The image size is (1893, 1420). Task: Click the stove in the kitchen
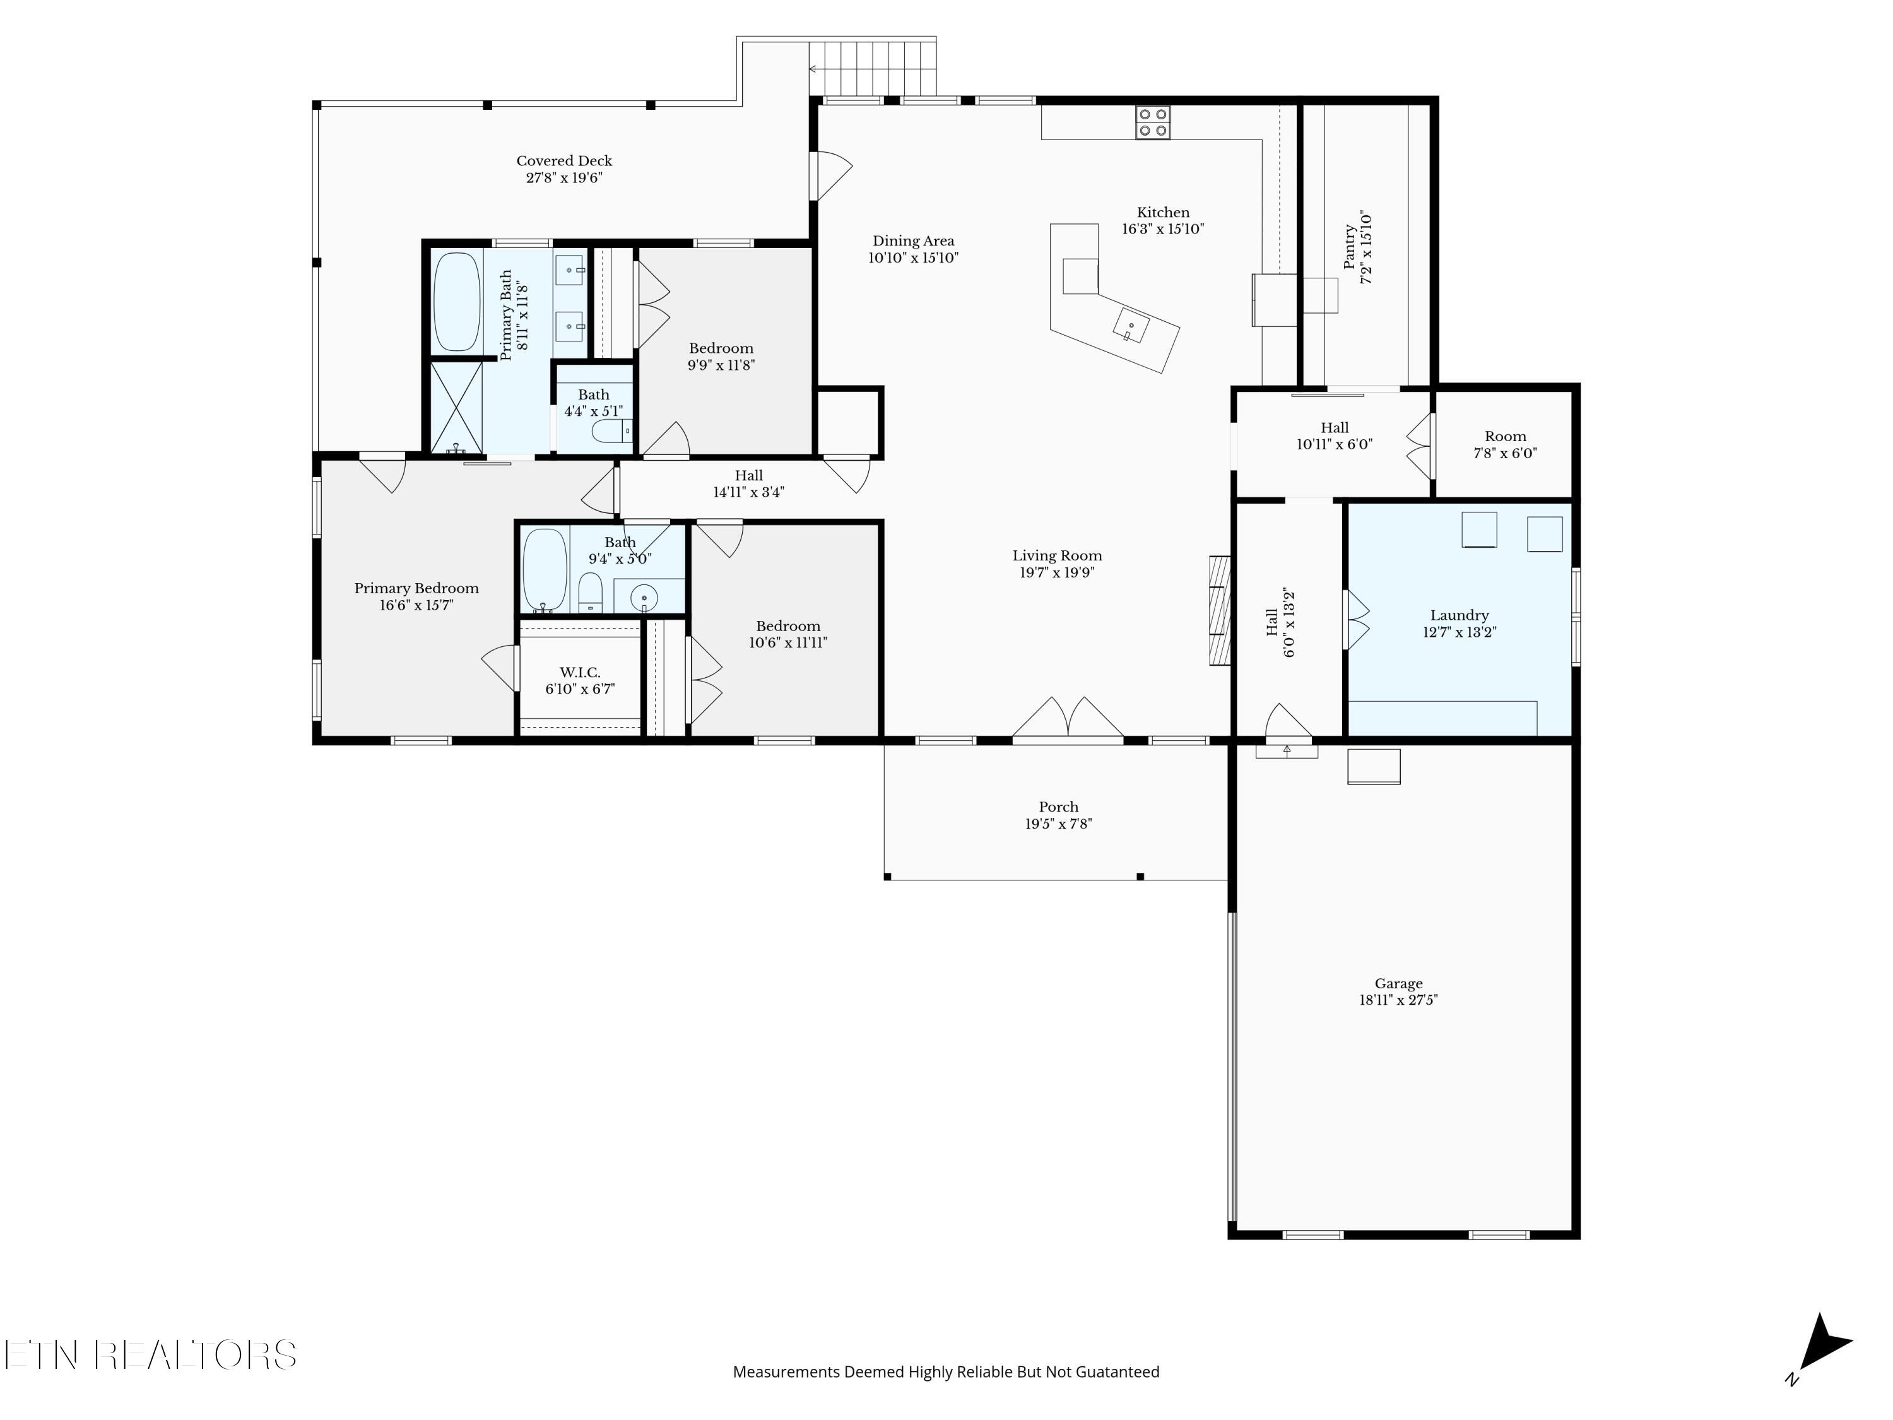tap(1153, 122)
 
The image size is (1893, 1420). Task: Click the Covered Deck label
tap(564, 161)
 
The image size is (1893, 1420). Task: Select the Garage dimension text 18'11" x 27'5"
tap(1398, 1000)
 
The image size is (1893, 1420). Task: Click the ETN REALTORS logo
tap(151, 1355)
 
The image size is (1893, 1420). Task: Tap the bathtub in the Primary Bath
tap(456, 301)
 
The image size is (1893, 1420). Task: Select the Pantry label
tap(1350, 247)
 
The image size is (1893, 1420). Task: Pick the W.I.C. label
tap(581, 673)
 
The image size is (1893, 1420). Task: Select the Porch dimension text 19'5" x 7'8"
tap(1059, 824)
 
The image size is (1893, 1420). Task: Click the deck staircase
tap(873, 68)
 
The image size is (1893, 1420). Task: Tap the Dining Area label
tap(913, 241)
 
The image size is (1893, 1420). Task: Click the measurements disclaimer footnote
tap(946, 1372)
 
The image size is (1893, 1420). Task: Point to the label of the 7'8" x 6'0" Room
tap(1506, 437)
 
